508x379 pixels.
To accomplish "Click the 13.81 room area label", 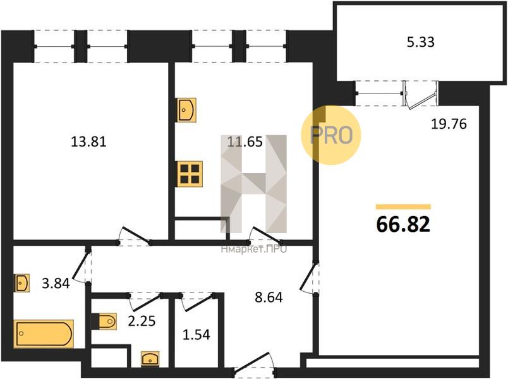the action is pyautogui.click(x=88, y=141).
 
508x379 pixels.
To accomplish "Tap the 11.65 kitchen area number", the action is pyautogui.click(x=245, y=141).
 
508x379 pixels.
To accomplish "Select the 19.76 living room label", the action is pyautogui.click(x=449, y=124).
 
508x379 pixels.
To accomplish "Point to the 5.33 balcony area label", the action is pyautogui.click(x=421, y=42).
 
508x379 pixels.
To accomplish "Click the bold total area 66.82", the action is pyautogui.click(x=403, y=224).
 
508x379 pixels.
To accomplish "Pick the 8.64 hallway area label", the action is pyautogui.click(x=269, y=297).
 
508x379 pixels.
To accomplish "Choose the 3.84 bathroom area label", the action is pyautogui.click(x=56, y=284).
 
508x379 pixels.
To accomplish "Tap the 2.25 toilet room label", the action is pyautogui.click(x=142, y=321).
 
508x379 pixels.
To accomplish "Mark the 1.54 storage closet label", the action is pyautogui.click(x=197, y=334).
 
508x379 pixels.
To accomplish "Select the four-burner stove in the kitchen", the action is pyautogui.click(x=190, y=174).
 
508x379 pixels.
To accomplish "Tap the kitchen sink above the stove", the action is pyautogui.click(x=186, y=110).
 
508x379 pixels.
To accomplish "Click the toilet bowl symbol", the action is pyautogui.click(x=107, y=322).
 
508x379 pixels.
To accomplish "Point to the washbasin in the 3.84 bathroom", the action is pyautogui.click(x=21, y=283).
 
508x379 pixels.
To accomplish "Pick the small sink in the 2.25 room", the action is pyautogui.click(x=150, y=359).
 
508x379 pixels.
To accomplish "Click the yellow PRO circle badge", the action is pyautogui.click(x=331, y=135).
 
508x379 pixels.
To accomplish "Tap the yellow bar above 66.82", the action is pyautogui.click(x=403, y=207).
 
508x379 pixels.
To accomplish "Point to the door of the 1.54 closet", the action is pyautogui.click(x=197, y=302).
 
